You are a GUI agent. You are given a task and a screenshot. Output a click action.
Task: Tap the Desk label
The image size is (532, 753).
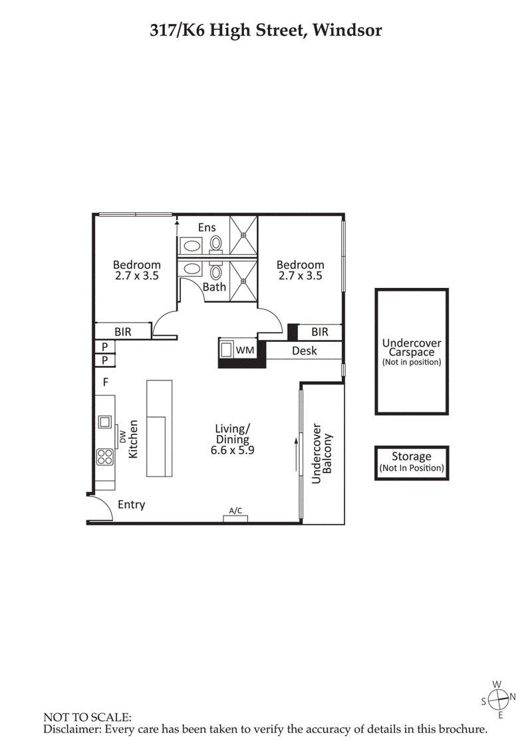(305, 351)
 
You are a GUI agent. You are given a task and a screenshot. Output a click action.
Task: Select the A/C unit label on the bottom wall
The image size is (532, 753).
(235, 511)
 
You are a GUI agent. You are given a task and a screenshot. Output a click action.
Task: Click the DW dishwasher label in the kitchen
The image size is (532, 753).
(122, 436)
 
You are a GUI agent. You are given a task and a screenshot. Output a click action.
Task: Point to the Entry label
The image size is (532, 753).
(131, 505)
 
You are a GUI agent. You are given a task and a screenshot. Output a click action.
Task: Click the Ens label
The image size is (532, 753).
(207, 227)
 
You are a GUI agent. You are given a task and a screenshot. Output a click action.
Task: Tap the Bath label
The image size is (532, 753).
(214, 287)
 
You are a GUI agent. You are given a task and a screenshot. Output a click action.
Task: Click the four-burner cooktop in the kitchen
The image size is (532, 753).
(105, 456)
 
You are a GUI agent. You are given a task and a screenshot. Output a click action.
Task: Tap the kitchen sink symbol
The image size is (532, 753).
(104, 421)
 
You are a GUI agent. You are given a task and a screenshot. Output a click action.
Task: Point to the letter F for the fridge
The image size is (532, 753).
(104, 382)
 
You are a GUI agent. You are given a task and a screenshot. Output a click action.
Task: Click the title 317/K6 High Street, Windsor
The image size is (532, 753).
(265, 30)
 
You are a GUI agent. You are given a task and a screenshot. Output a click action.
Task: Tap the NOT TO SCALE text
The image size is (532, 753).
(87, 718)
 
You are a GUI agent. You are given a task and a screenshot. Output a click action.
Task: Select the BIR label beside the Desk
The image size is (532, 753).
(320, 331)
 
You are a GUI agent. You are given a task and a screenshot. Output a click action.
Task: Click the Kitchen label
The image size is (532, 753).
(133, 438)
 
